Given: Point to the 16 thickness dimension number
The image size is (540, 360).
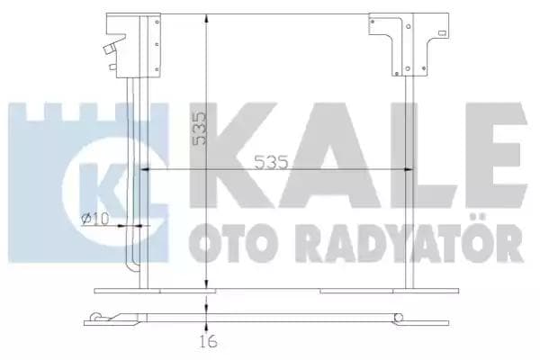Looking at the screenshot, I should pos(208,343).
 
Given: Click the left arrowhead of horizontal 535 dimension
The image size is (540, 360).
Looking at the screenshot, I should pos(145,172).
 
